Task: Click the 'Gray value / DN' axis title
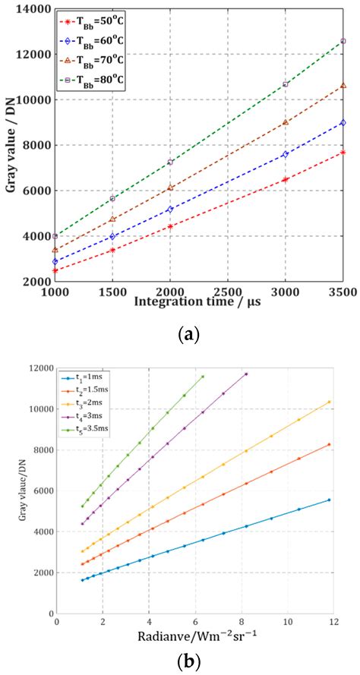pyautogui.click(x=11, y=144)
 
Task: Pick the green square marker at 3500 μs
pyautogui.click(x=343, y=41)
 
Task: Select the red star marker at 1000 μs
pyautogui.click(x=55, y=270)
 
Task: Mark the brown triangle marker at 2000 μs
pyautogui.click(x=170, y=188)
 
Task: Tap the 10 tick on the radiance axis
pyautogui.click(x=287, y=621)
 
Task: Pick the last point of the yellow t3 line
pyautogui.click(x=329, y=402)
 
